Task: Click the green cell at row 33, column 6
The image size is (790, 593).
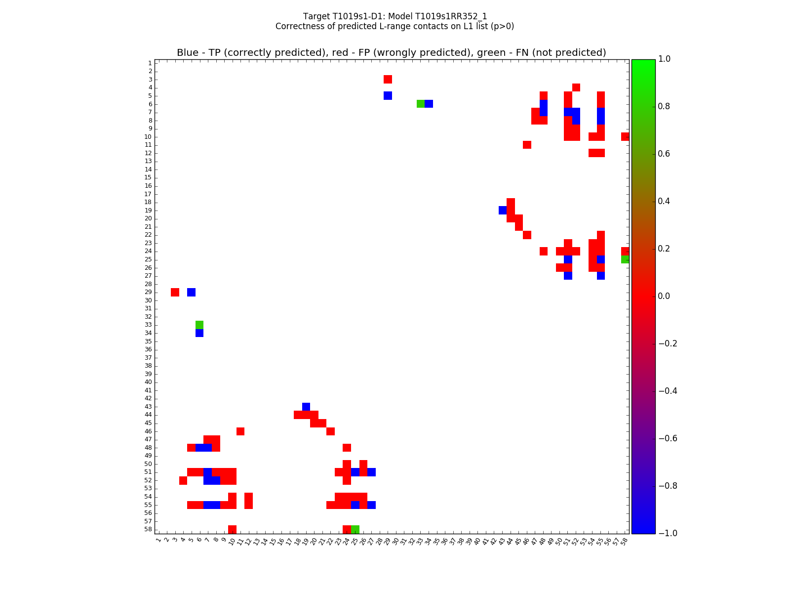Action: [199, 325]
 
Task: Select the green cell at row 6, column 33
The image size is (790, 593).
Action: [420, 104]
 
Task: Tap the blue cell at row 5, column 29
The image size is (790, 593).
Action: [388, 95]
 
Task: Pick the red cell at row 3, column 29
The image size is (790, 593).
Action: [388, 79]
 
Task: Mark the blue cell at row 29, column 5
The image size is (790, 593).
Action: [191, 292]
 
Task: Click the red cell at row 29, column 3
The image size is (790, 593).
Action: [175, 292]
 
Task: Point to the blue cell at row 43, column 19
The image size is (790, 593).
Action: [306, 407]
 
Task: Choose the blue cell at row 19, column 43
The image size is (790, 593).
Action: [502, 210]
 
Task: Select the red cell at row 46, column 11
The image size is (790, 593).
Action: [240, 431]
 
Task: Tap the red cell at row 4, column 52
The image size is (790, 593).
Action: [576, 87]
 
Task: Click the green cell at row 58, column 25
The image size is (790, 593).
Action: [355, 529]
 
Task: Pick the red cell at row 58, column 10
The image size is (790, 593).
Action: [232, 529]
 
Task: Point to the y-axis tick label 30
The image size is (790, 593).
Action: [148, 300]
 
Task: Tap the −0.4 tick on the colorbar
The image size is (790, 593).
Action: [668, 391]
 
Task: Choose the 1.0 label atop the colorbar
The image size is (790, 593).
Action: [665, 59]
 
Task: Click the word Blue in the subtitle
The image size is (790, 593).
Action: [188, 53]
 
